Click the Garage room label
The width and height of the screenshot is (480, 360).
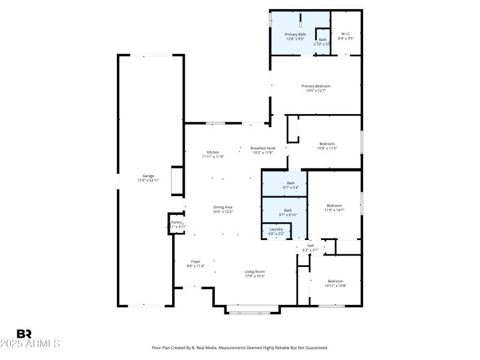click(148, 176)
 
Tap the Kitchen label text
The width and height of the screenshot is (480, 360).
click(213, 152)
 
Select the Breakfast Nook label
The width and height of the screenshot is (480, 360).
click(262, 148)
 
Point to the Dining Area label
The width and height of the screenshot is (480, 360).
click(223, 207)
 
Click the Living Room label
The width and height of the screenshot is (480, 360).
click(255, 272)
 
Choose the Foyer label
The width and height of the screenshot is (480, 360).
click(196, 262)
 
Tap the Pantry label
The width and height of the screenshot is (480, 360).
click(177, 222)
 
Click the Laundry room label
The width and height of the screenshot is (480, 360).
click(276, 229)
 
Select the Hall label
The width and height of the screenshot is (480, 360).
click(311, 245)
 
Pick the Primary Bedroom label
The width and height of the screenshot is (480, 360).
click(316, 86)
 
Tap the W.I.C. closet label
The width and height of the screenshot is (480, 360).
click(346, 34)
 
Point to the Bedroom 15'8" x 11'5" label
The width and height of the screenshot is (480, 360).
click(327, 143)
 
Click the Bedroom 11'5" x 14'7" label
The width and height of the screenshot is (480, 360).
click(334, 206)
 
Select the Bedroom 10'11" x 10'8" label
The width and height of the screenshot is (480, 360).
click(335, 281)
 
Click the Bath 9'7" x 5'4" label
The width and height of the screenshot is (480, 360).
click(291, 183)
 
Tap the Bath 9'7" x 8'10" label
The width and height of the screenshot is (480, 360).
click(288, 210)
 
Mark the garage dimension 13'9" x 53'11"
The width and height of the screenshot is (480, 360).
click(148, 180)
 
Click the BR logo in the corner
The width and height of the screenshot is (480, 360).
click(24, 334)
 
